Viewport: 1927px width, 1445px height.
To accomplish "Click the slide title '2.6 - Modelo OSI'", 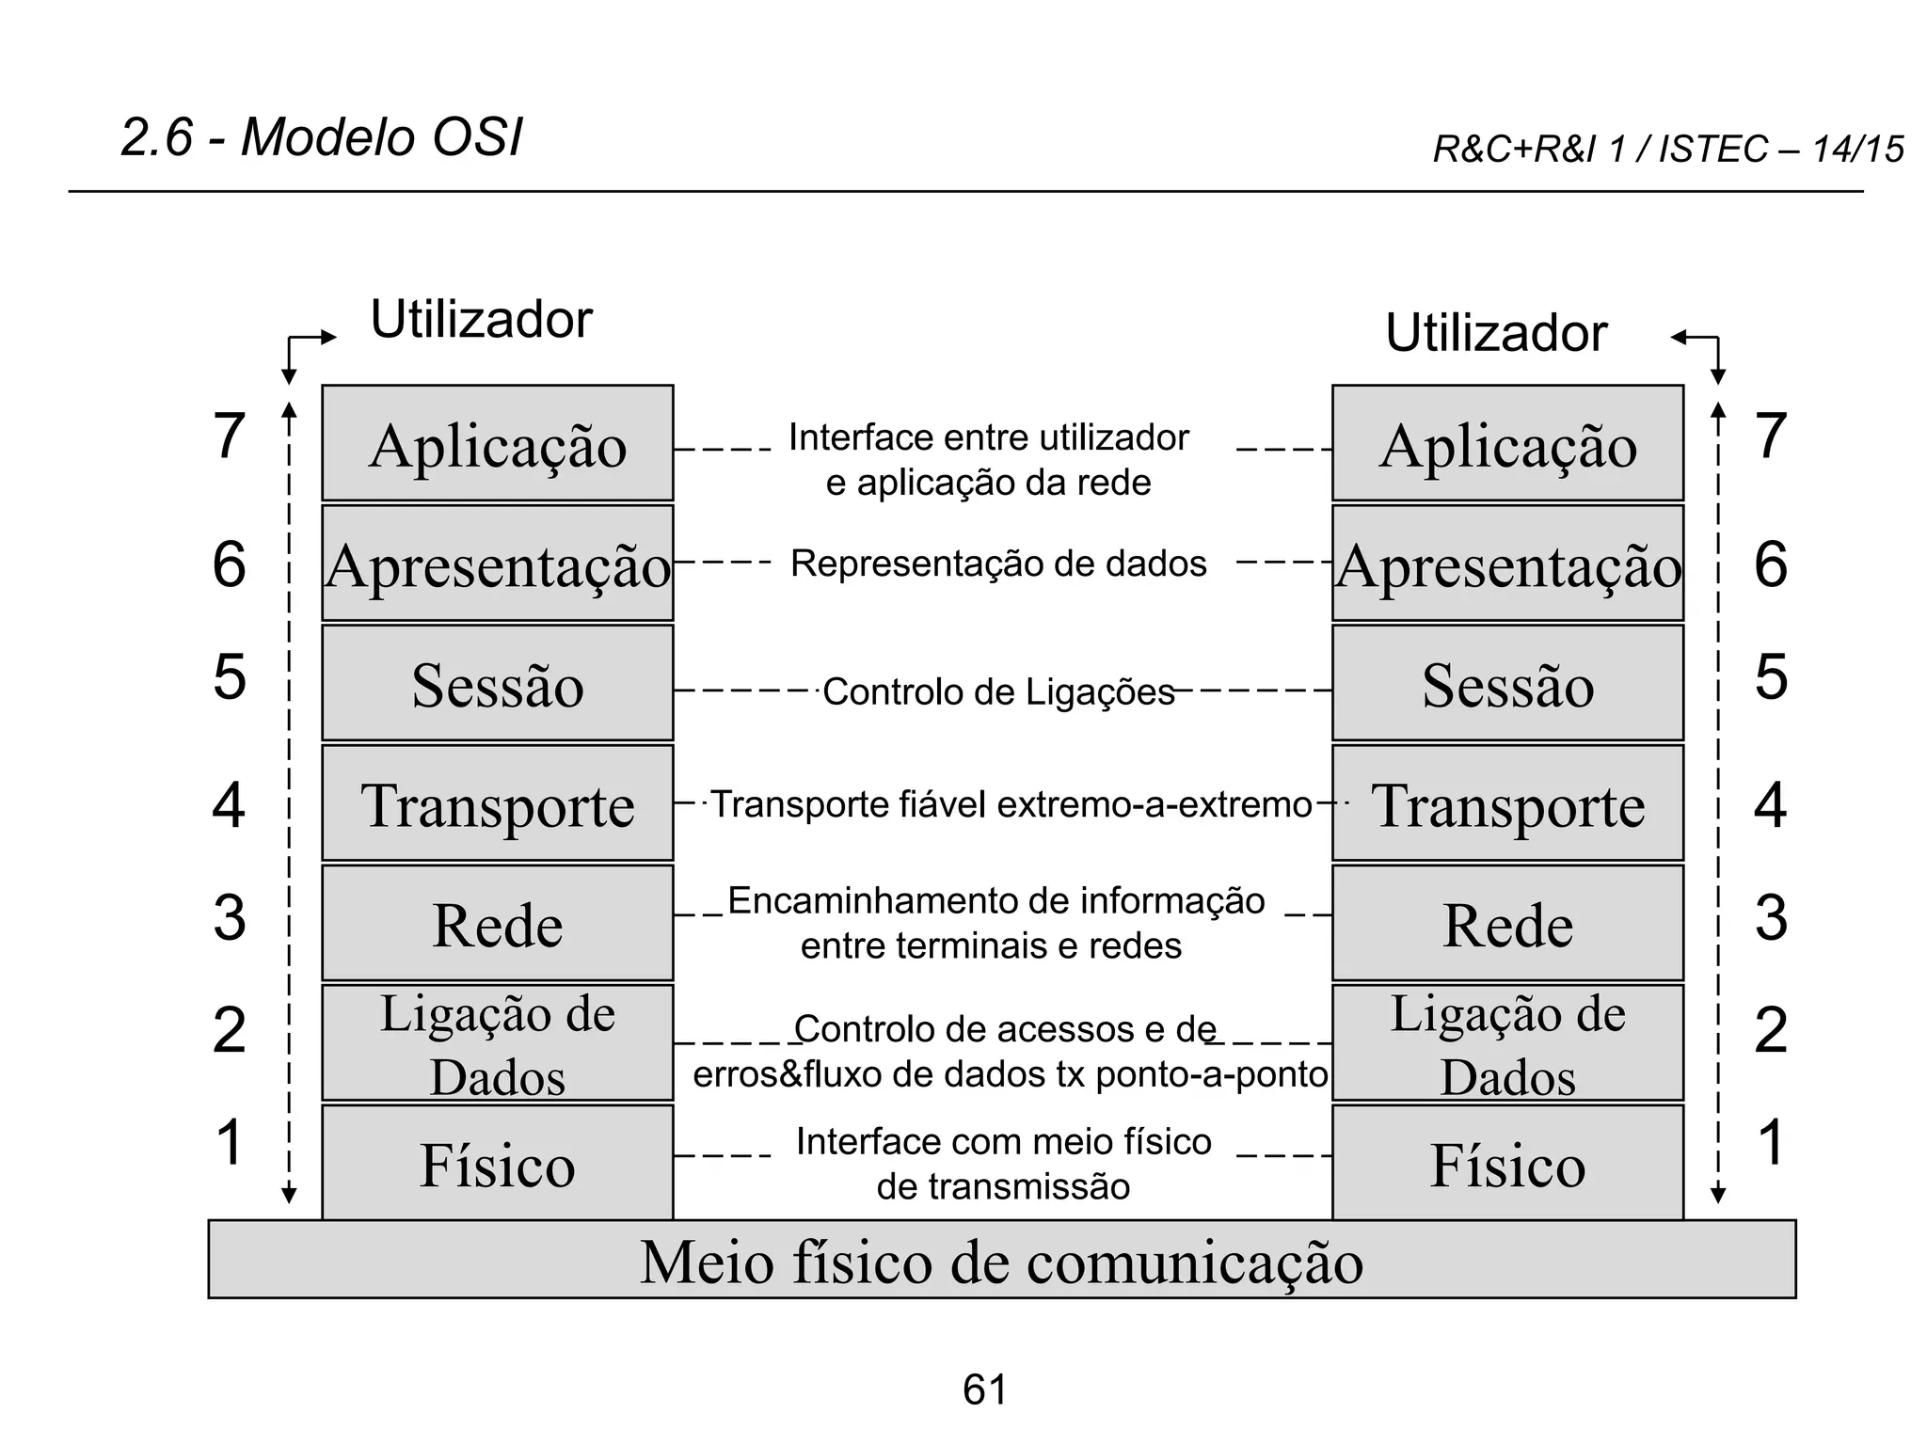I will tap(321, 137).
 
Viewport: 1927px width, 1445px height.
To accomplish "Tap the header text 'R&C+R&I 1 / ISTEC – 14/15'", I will tap(1667, 150).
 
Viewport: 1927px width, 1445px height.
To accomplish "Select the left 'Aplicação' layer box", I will tap(497, 443).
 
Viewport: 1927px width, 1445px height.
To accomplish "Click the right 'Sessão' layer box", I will tap(1507, 683).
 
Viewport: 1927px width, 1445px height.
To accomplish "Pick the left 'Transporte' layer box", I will tap(497, 803).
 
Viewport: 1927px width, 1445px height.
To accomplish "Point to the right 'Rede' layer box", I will tap(1507, 923).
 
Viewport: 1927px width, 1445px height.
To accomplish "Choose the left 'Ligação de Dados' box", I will tap(497, 1042).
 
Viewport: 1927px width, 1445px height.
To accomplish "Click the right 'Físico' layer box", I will tap(1507, 1163).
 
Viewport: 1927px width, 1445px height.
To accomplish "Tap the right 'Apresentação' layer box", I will tap(1507, 564).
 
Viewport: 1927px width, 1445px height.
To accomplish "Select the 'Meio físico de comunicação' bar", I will tap(1001, 1260).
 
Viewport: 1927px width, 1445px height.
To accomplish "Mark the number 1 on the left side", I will tap(229, 1141).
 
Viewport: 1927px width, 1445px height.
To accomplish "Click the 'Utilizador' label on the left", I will tap(481, 319).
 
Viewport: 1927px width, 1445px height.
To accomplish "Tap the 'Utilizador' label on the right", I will tap(1495, 333).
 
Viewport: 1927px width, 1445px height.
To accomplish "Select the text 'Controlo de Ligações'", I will tap(998, 692).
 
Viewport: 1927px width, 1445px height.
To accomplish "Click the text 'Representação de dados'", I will tap(998, 564).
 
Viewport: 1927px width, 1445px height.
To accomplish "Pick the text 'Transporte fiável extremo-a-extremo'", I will tap(1011, 804).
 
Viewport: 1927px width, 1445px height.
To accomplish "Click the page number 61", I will tap(984, 1389).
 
